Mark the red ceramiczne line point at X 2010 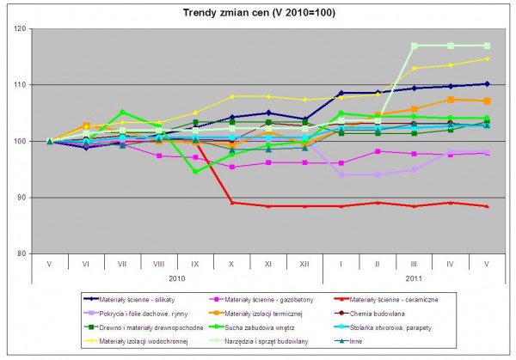point(232,203)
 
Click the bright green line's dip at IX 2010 point(195,172)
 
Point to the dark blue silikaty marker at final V point(488,84)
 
